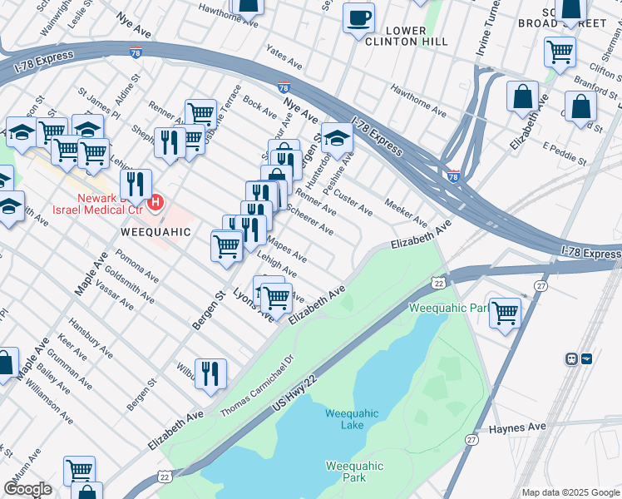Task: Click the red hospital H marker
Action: point(155,202)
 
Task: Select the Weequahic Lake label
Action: point(352,419)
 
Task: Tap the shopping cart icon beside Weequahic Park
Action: point(505,314)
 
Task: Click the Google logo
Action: point(27,489)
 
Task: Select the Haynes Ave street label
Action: point(517,427)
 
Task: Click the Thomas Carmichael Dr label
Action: point(257,388)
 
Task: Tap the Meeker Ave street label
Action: point(406,214)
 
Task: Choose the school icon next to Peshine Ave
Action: point(337,138)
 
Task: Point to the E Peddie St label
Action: point(565,153)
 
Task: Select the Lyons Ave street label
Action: point(253,307)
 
